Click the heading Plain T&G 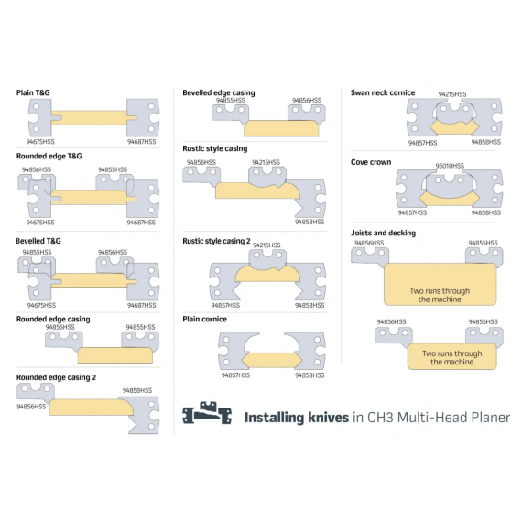(x=33, y=92)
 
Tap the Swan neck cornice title (x=383, y=92)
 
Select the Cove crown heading (x=371, y=162)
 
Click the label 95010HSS (x=450, y=166)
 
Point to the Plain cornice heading (x=205, y=319)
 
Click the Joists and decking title (x=383, y=233)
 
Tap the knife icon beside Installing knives (x=207, y=413)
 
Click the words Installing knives (x=297, y=418)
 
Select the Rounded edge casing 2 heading (x=56, y=377)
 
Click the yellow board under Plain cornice (x=272, y=360)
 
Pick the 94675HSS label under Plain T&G (x=40, y=142)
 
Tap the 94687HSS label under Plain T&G (x=141, y=142)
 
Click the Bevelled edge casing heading (x=219, y=92)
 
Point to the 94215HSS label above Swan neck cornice (x=452, y=94)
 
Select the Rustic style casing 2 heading (x=216, y=241)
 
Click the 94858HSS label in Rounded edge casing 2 (x=137, y=390)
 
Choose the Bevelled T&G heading (x=38, y=241)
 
